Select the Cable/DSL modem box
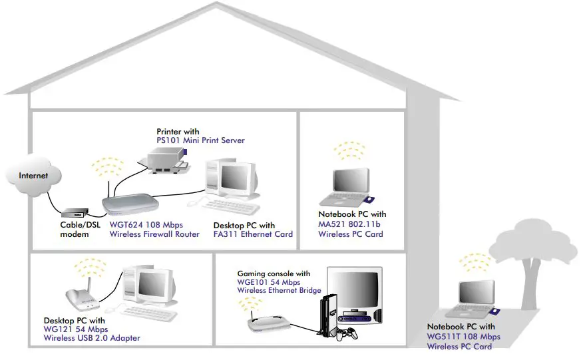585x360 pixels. point(75,213)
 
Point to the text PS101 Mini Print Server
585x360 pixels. point(200,140)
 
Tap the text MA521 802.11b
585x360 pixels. point(350,224)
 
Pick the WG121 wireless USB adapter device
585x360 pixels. point(83,293)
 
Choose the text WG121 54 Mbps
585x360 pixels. point(75,329)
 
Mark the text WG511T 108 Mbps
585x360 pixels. point(463,337)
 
